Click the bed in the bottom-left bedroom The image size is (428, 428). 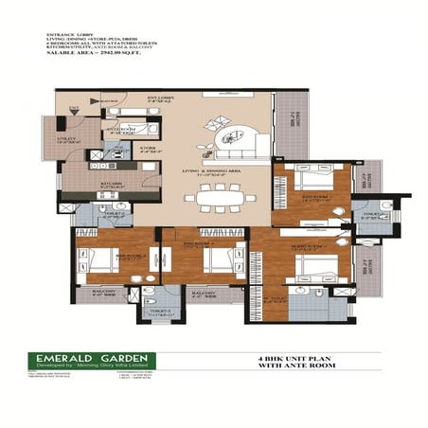[x=98, y=259]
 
